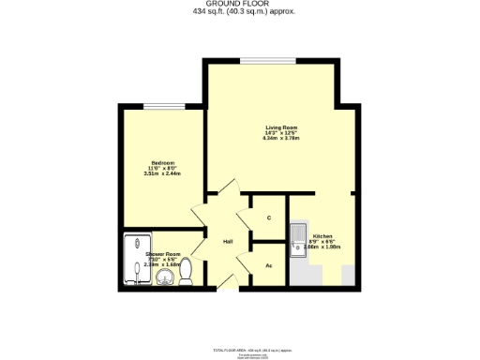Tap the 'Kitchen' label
322,236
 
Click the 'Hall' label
228,242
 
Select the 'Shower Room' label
162,253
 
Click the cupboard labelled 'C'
269,218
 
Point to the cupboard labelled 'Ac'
269,265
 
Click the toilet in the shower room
187,271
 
